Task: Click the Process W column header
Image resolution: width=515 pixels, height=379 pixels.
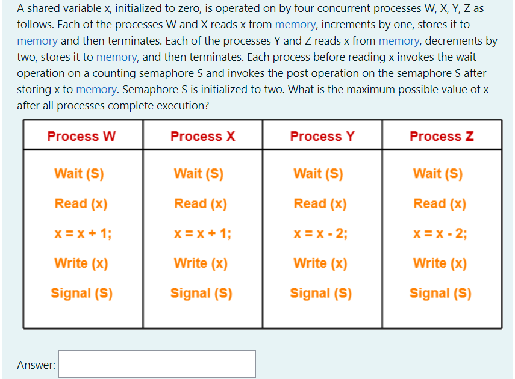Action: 81,136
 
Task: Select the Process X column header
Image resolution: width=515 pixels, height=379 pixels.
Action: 202,136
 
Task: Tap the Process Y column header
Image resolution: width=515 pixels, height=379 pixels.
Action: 322,136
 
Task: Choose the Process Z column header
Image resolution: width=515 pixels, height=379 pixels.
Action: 442,136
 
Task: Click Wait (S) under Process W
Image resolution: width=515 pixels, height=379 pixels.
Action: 79,174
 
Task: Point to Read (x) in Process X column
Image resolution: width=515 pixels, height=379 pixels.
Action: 201,203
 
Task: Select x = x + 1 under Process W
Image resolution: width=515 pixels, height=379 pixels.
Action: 81,233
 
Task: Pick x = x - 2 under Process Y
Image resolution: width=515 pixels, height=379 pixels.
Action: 320,233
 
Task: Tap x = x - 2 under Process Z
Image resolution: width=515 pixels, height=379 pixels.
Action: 440,233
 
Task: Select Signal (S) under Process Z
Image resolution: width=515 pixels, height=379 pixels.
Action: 440,293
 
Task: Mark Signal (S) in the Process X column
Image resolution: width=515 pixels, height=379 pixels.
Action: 201,293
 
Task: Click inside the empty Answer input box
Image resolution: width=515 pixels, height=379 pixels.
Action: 157,364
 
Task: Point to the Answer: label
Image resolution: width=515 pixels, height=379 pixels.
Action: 36,365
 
